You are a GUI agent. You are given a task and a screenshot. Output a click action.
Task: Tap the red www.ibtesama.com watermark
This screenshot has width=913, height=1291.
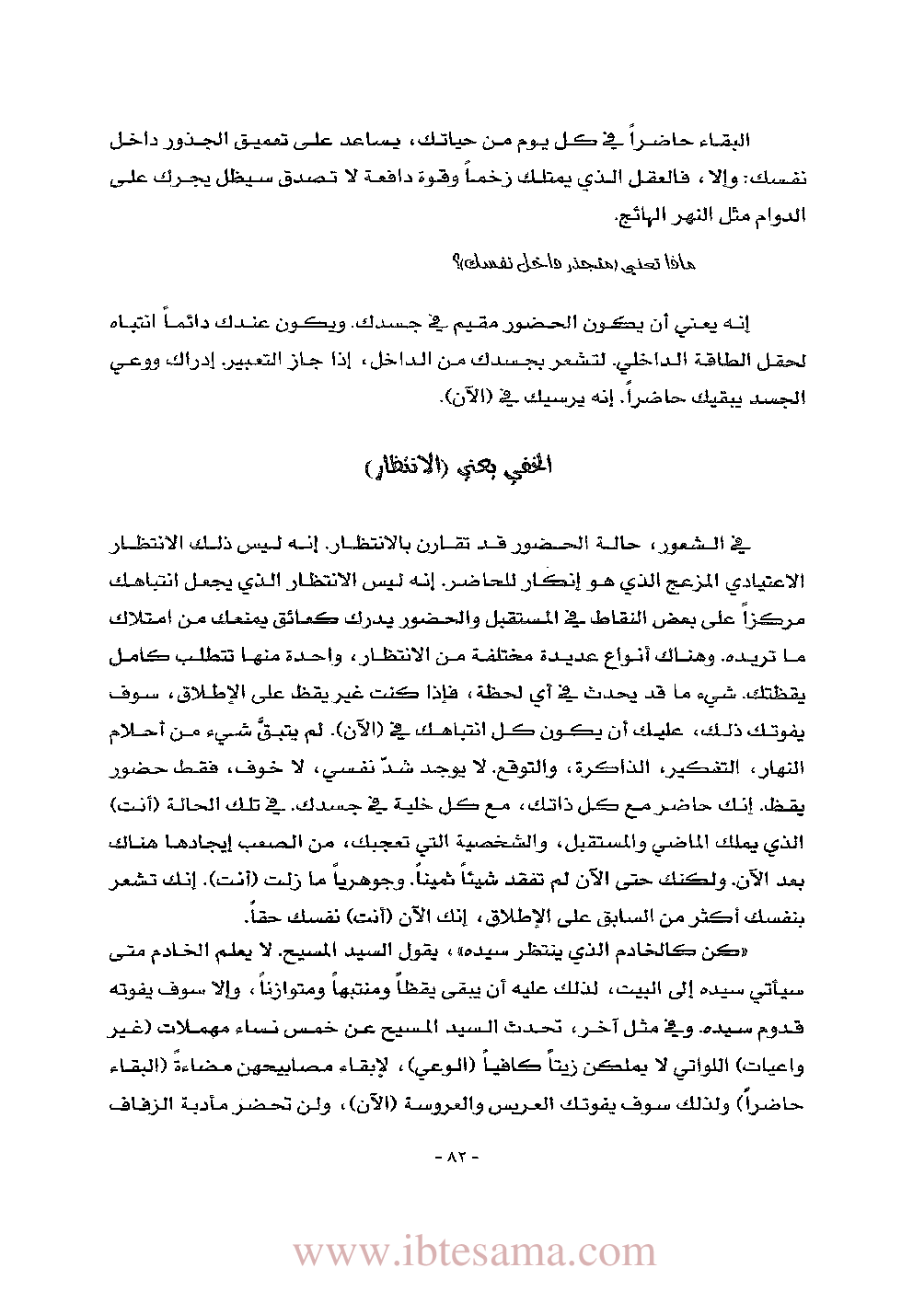click(x=475, y=1251)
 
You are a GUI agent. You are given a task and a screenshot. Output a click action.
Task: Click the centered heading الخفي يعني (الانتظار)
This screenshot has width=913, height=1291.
click(x=457, y=466)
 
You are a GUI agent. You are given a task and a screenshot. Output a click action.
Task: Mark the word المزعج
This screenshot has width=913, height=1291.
click(x=685, y=581)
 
